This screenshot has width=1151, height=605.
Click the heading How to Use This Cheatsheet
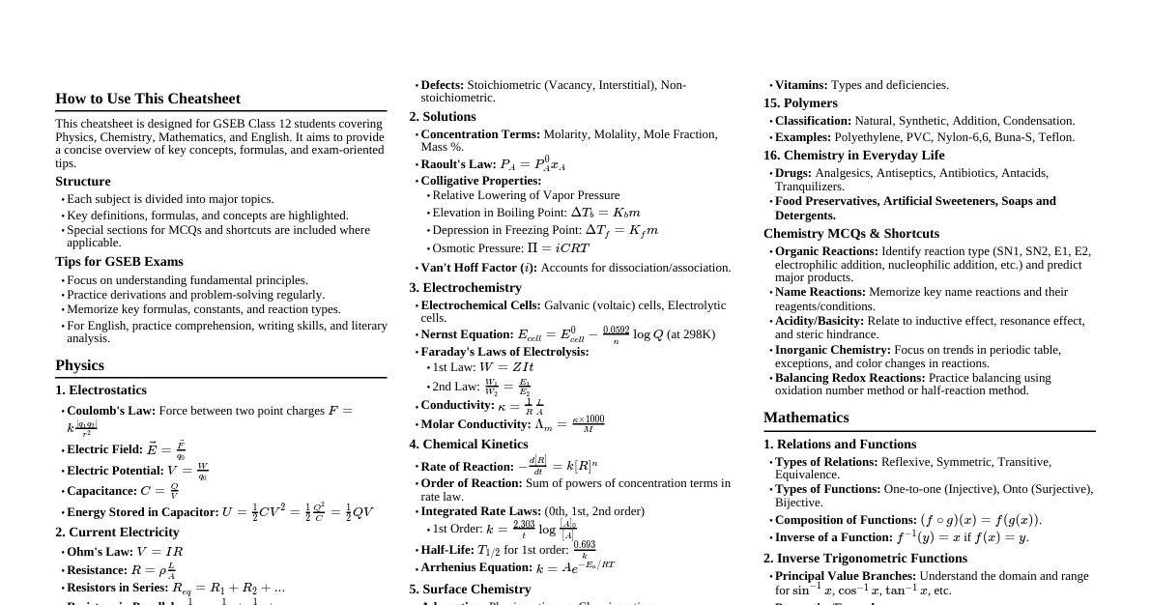click(148, 99)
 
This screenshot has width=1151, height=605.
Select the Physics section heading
click(79, 365)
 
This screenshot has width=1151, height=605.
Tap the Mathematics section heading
click(806, 418)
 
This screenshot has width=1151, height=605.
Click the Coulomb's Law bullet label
click(111, 411)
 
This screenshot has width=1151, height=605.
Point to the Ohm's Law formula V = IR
click(159, 552)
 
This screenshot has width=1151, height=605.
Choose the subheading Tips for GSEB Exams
click(119, 262)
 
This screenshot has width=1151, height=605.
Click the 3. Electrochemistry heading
click(465, 288)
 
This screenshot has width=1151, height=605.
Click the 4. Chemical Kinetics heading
click(469, 445)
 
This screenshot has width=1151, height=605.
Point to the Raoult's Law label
click(458, 164)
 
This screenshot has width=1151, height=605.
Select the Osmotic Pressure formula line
click(510, 248)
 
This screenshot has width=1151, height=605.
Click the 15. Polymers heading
click(800, 103)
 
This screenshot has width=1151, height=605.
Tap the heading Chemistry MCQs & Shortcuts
click(851, 234)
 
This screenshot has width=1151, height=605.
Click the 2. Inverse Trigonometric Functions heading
click(865, 559)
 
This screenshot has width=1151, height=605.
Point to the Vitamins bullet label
click(801, 85)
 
